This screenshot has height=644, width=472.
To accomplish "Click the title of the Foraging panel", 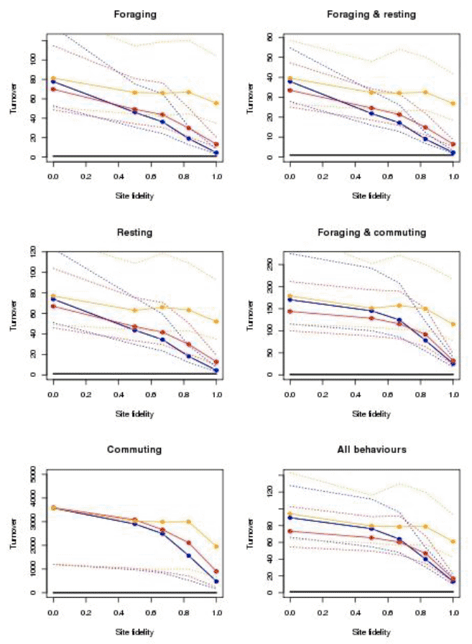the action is (135, 15).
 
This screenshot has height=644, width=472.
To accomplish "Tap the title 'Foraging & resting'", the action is (371, 15).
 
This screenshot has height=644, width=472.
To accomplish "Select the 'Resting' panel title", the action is (134, 233).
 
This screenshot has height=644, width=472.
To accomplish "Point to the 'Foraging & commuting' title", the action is (371, 233).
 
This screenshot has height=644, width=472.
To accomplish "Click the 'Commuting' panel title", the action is (134, 449).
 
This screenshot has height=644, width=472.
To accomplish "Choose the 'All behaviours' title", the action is (371, 449).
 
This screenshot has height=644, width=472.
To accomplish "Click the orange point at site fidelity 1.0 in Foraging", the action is (216, 103).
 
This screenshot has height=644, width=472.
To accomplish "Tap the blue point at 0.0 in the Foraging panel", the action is (53, 82).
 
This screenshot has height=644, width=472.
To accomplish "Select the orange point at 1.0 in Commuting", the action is (216, 546).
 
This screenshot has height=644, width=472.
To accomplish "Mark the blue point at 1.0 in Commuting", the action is (216, 582).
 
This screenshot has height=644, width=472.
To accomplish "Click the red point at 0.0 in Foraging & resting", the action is (290, 90).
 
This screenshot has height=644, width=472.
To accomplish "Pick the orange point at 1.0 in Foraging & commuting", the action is (453, 324).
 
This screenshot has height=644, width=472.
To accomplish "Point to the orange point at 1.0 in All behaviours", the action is (453, 541).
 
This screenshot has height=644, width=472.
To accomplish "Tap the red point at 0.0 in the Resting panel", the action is (53, 307).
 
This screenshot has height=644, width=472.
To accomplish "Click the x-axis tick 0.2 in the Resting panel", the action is (85, 395).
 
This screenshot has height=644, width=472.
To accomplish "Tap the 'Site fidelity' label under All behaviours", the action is (371, 632).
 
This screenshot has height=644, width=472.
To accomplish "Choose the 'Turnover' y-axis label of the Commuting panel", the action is (14, 534).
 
